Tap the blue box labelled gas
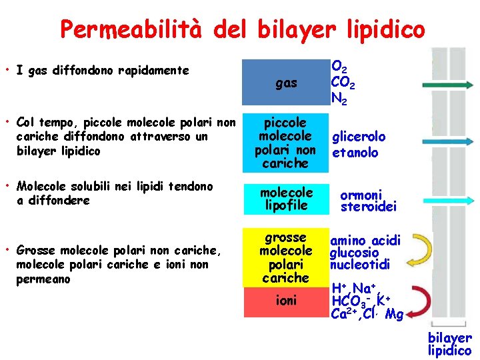286,83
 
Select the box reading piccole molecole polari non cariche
286,143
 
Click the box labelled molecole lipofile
286,199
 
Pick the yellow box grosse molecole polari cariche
286,257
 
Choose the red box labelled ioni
286,301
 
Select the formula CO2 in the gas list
343,83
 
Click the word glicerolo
359,137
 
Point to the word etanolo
355,153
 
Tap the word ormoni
361,195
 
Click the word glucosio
354,253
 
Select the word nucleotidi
359,265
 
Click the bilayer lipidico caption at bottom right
449,344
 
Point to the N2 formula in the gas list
339,98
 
